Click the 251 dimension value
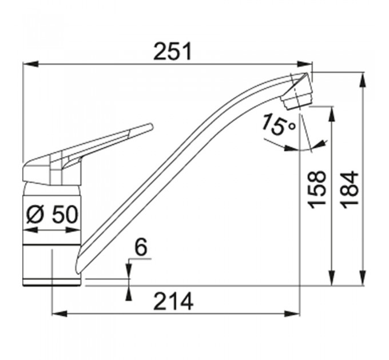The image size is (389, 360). point(173,51)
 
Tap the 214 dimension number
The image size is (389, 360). point(173,302)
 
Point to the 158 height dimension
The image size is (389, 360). point(316,190)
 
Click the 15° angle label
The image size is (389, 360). point(279,125)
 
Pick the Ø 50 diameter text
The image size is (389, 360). point(52,214)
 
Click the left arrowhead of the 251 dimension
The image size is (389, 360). point(30,64)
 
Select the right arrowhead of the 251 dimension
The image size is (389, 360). point(305,64)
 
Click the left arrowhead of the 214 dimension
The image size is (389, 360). point(59,313)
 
